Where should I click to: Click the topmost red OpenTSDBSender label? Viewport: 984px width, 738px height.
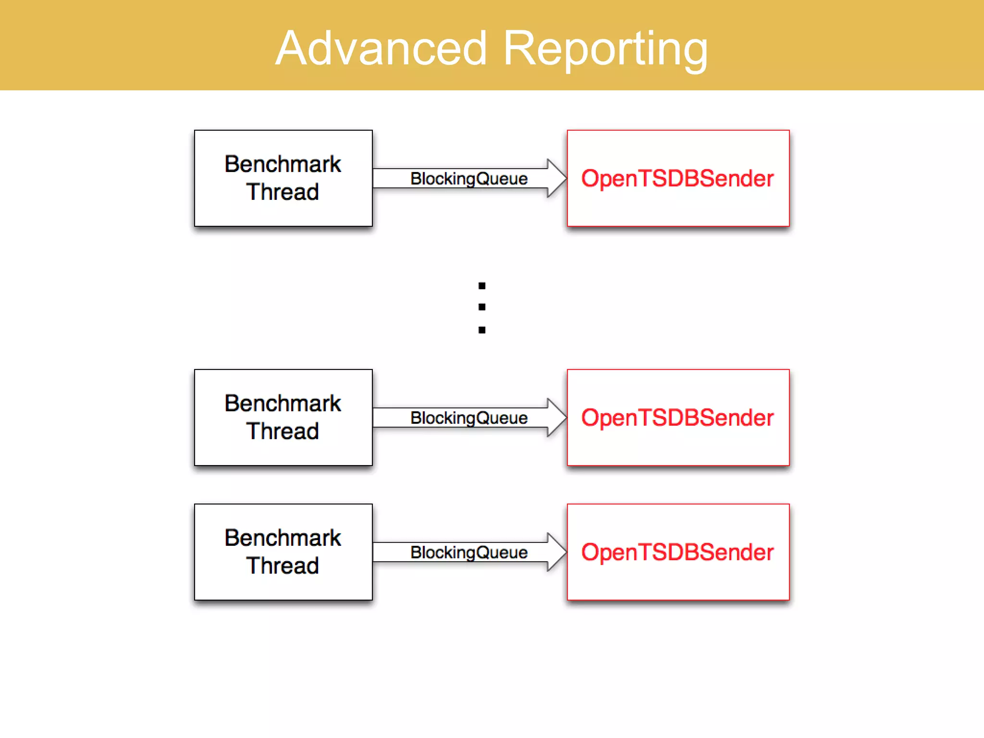[677, 178]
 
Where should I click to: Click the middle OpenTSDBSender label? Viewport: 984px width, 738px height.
[677, 418]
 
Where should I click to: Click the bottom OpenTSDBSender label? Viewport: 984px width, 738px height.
[677, 552]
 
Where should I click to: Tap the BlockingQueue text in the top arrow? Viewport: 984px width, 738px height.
[468, 179]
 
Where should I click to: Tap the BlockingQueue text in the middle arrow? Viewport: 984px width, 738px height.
[468, 418]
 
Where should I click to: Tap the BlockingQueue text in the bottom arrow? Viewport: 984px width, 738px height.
[468, 553]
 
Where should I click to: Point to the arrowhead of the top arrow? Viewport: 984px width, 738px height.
[557, 178]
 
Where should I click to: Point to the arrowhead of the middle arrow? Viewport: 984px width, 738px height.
[557, 418]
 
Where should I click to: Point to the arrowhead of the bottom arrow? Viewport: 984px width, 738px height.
[557, 552]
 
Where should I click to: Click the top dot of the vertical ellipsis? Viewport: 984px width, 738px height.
[482, 286]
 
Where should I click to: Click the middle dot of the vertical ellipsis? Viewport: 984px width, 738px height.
[482, 307]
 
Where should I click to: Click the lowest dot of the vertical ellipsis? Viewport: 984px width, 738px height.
[482, 330]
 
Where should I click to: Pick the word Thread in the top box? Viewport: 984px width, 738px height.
[283, 192]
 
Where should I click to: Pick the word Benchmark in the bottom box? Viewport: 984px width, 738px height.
[283, 538]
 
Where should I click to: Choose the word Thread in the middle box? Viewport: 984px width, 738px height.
[283, 431]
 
